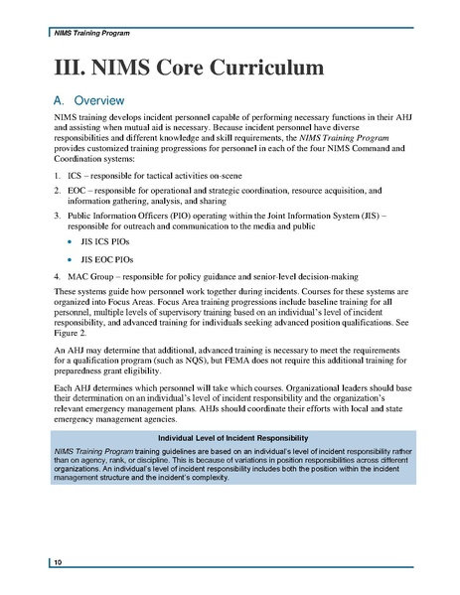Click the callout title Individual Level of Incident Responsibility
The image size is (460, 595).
[230, 438]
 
